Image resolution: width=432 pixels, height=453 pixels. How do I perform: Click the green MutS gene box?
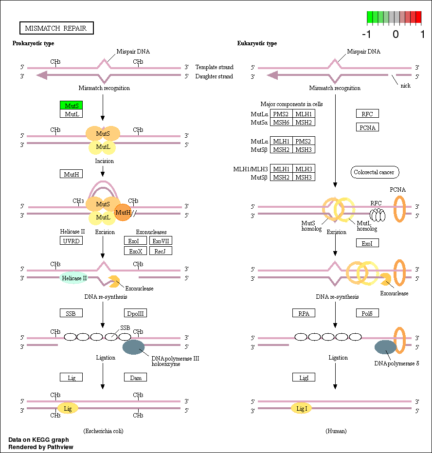tap(71, 105)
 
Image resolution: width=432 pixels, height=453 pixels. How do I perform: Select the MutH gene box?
tap(71, 174)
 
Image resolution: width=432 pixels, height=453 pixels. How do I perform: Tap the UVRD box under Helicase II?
tap(71, 241)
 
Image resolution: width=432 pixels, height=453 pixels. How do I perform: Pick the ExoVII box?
tap(161, 241)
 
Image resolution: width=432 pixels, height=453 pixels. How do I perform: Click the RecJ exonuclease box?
tap(161, 251)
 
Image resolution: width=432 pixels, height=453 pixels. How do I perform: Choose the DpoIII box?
tap(136, 313)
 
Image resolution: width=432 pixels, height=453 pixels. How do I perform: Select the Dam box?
tap(136, 377)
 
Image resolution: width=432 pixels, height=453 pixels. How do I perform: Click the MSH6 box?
tap(281, 123)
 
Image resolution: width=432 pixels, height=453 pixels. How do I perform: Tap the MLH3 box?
tap(304, 169)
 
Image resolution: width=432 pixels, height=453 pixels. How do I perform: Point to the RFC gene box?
tap(367, 114)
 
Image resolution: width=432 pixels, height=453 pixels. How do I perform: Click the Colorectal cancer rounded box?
tap(374, 172)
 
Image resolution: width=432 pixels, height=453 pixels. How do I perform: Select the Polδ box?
tap(367, 313)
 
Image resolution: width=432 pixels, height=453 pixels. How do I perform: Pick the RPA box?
tap(304, 313)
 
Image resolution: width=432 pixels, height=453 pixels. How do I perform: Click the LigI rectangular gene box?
tap(304, 377)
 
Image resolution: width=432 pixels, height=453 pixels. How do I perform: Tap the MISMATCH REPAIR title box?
tap(56, 28)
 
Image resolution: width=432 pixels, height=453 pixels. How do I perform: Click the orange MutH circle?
tap(123, 212)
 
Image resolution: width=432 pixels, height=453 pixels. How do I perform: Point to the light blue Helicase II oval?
tap(74, 278)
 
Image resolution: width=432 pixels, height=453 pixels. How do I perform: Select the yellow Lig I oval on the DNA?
tap(302, 409)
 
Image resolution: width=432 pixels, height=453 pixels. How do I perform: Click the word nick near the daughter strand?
tap(405, 86)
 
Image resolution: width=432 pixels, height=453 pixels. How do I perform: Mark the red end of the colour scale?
tap(418, 18)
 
